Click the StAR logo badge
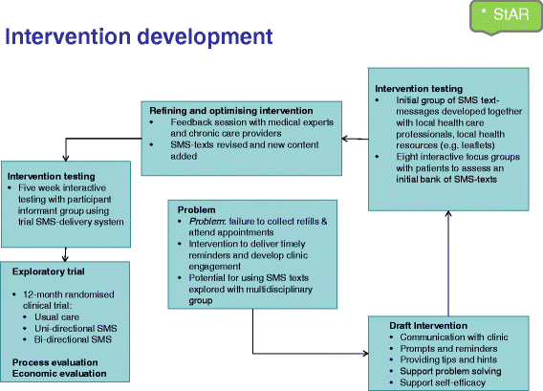(507, 16)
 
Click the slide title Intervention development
(139, 36)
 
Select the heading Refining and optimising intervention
(231, 111)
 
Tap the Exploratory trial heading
(49, 272)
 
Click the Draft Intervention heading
(428, 326)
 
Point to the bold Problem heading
(196, 210)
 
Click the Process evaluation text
(55, 362)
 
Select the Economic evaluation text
(59, 374)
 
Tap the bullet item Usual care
(56, 317)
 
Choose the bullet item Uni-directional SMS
(76, 329)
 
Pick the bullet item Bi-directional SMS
(73, 339)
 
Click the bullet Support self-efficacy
(443, 382)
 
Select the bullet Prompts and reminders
(448, 349)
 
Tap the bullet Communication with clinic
(454, 337)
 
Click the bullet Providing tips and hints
(448, 359)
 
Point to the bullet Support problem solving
(450, 371)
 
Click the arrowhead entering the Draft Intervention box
(366, 354)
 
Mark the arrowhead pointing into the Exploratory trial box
(65, 259)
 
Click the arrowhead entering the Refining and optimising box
(345, 139)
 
